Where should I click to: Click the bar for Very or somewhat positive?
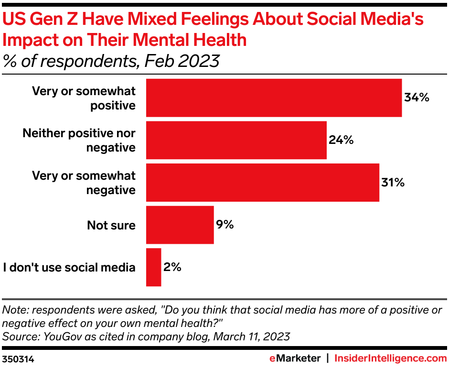click(x=274, y=98)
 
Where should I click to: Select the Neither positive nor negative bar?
click(x=236, y=140)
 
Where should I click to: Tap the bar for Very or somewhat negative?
click(x=262, y=183)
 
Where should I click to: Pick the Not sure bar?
click(x=180, y=225)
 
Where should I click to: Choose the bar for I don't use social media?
click(x=153, y=267)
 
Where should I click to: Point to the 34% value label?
click(x=417, y=98)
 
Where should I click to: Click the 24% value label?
click(x=341, y=140)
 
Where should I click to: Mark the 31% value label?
click(x=392, y=183)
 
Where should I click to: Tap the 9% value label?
click(x=225, y=225)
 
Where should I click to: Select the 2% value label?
click(x=172, y=267)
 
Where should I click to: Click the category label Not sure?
click(x=111, y=225)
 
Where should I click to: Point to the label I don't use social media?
click(x=69, y=267)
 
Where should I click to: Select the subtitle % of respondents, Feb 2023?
click(x=111, y=62)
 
